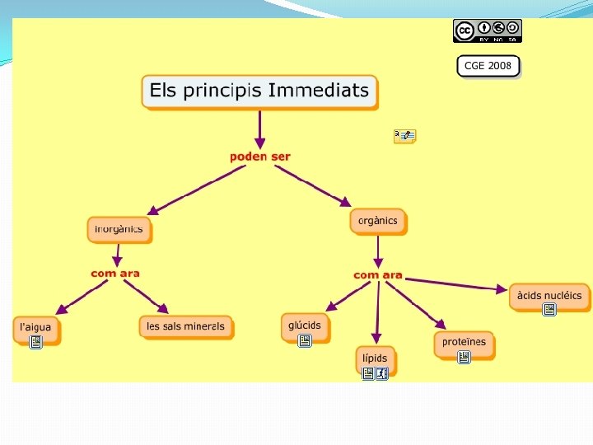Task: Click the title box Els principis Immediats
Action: (x=259, y=91)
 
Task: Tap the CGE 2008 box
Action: (x=488, y=66)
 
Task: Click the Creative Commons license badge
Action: (x=487, y=30)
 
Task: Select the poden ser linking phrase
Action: (x=259, y=157)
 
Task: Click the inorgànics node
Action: (x=119, y=228)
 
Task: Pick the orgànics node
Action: (x=378, y=221)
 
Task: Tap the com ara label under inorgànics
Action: (x=115, y=274)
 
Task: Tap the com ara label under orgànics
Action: (x=378, y=274)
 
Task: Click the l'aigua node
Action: (x=35, y=326)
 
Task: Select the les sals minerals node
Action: (x=185, y=326)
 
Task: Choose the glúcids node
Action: (x=305, y=325)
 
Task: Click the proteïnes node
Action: (x=464, y=341)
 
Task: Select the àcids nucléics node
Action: (x=549, y=295)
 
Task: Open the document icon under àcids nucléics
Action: (x=549, y=310)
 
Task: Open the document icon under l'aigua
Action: (x=35, y=342)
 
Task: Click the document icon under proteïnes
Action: (x=464, y=357)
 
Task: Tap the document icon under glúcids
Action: (x=304, y=340)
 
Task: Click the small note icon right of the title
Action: (x=404, y=136)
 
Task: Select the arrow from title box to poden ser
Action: (x=259, y=128)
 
